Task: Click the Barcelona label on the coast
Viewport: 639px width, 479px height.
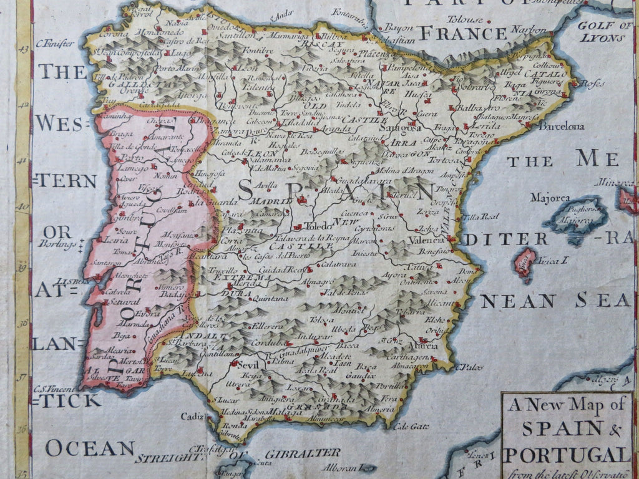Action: [562, 126]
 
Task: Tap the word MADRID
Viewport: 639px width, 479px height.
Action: [271, 201]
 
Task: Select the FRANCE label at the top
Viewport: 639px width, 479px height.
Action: [454, 33]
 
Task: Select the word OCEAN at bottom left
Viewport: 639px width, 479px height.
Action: [90, 447]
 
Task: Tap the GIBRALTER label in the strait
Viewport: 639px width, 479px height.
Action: [302, 453]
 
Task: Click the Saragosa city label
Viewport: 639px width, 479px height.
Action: [401, 129]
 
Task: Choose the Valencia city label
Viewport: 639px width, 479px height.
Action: [426, 239]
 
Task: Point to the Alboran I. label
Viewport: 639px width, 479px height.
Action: [343, 467]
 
